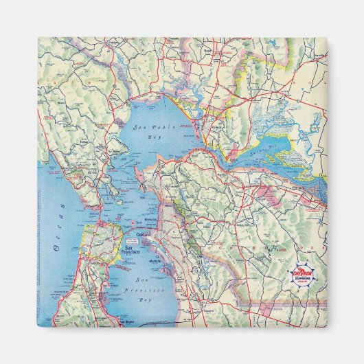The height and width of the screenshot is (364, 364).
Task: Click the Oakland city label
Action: [144, 234]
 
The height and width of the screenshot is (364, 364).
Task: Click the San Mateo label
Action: [126, 321]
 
